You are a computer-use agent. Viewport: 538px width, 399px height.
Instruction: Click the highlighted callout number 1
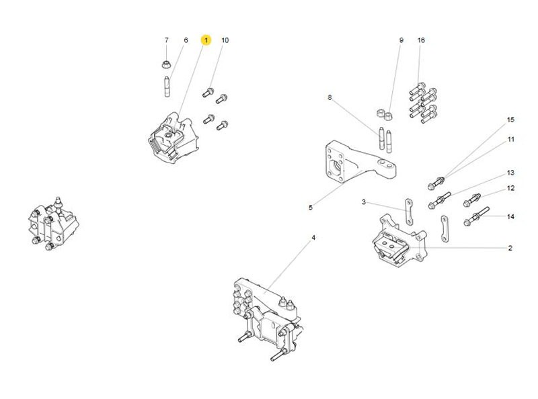pos(206,40)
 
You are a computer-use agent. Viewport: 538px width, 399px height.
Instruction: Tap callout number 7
pos(167,40)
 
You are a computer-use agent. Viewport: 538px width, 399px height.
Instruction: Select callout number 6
pos(186,40)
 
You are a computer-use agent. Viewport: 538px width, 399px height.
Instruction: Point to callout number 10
pos(225,40)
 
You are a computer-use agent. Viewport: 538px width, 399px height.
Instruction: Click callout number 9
pos(401,40)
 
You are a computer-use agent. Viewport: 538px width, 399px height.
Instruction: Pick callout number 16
pos(421,40)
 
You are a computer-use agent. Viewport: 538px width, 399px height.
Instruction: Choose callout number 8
pos(330,97)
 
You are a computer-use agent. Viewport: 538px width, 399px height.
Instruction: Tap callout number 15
pos(510,120)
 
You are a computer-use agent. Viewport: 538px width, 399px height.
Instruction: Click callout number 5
pos(311,208)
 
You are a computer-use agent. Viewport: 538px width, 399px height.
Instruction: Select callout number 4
pos(313,238)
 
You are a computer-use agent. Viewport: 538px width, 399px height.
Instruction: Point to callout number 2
pos(510,249)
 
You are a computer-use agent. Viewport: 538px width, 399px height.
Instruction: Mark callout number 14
pos(510,217)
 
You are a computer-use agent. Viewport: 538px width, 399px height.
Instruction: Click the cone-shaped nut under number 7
pos(166,64)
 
